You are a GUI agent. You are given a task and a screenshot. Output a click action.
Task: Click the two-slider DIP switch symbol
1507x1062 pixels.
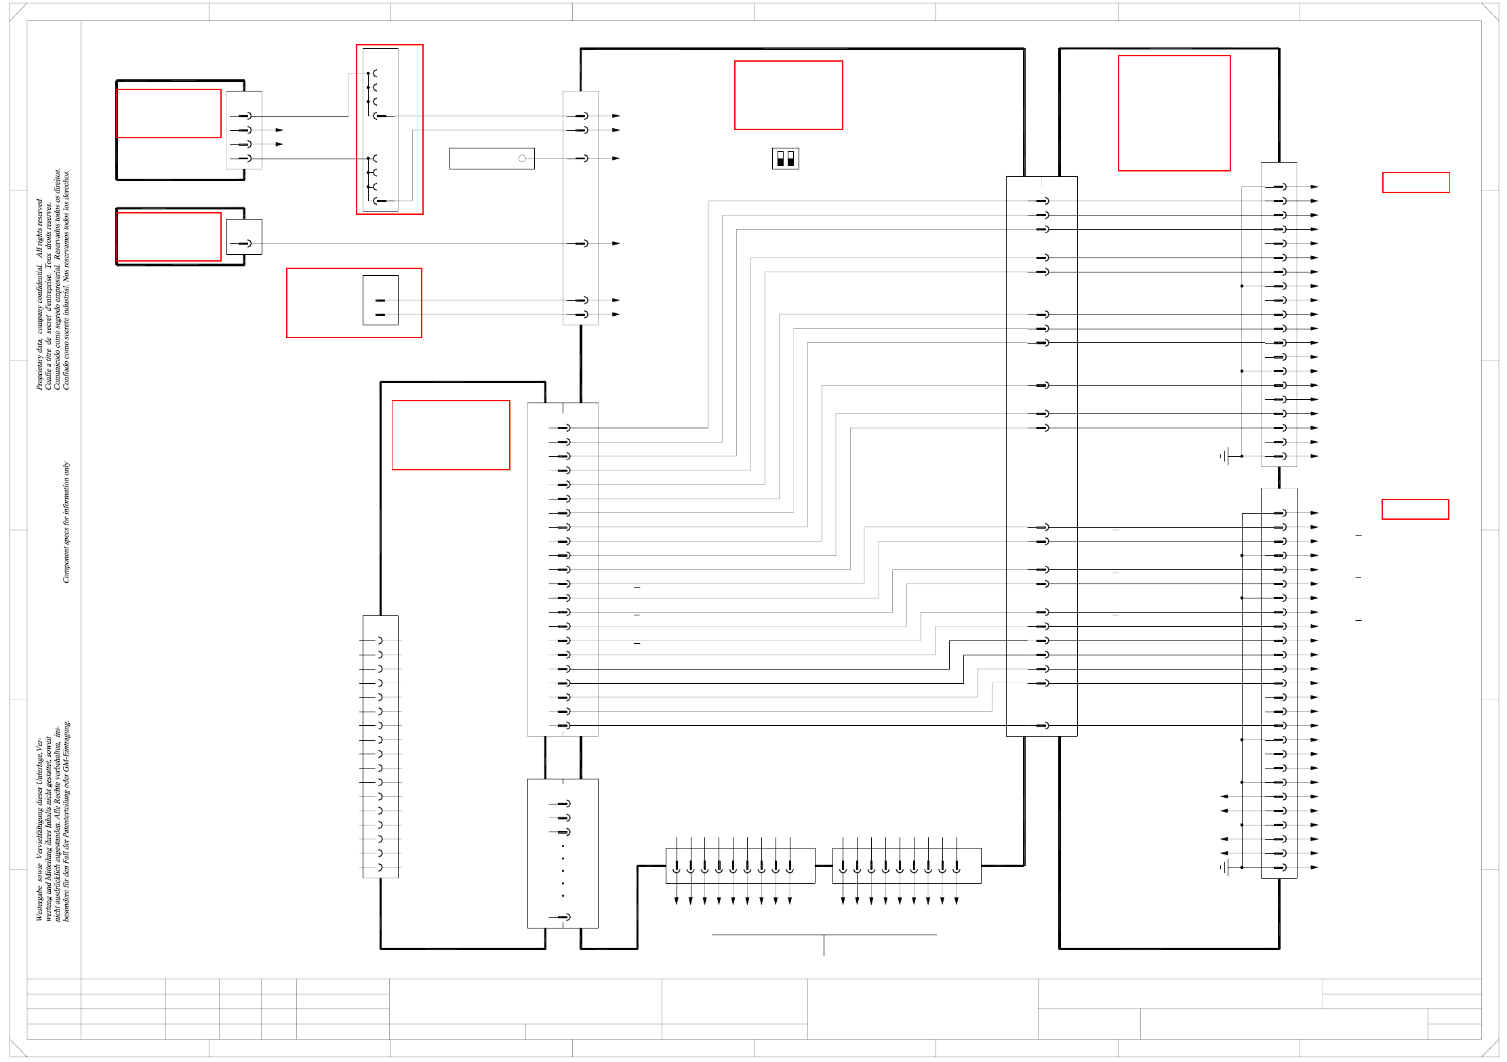pos(785,159)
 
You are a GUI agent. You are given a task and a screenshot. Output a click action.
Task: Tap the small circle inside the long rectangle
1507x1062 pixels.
pos(522,159)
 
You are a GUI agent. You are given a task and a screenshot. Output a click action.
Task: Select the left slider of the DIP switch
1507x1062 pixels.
pos(780,159)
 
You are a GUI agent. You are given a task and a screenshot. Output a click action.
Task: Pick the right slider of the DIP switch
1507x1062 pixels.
pos(790,159)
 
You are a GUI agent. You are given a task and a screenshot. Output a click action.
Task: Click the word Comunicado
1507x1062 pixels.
pos(57,369)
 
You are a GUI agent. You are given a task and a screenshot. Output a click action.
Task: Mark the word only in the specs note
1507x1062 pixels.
pos(66,469)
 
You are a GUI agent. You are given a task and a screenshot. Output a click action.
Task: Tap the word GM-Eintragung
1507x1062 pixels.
pos(66,746)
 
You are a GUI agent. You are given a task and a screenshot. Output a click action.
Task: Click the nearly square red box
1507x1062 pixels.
pos(1173,113)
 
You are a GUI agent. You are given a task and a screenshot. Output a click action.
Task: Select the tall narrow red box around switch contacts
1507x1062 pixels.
pos(390,129)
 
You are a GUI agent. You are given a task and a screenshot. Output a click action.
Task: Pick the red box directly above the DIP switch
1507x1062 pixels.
pos(788,95)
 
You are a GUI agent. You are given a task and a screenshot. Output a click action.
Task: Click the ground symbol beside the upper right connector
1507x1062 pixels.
pos(1226,456)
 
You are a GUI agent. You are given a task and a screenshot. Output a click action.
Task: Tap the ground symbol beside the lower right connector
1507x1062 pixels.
pos(1226,867)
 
